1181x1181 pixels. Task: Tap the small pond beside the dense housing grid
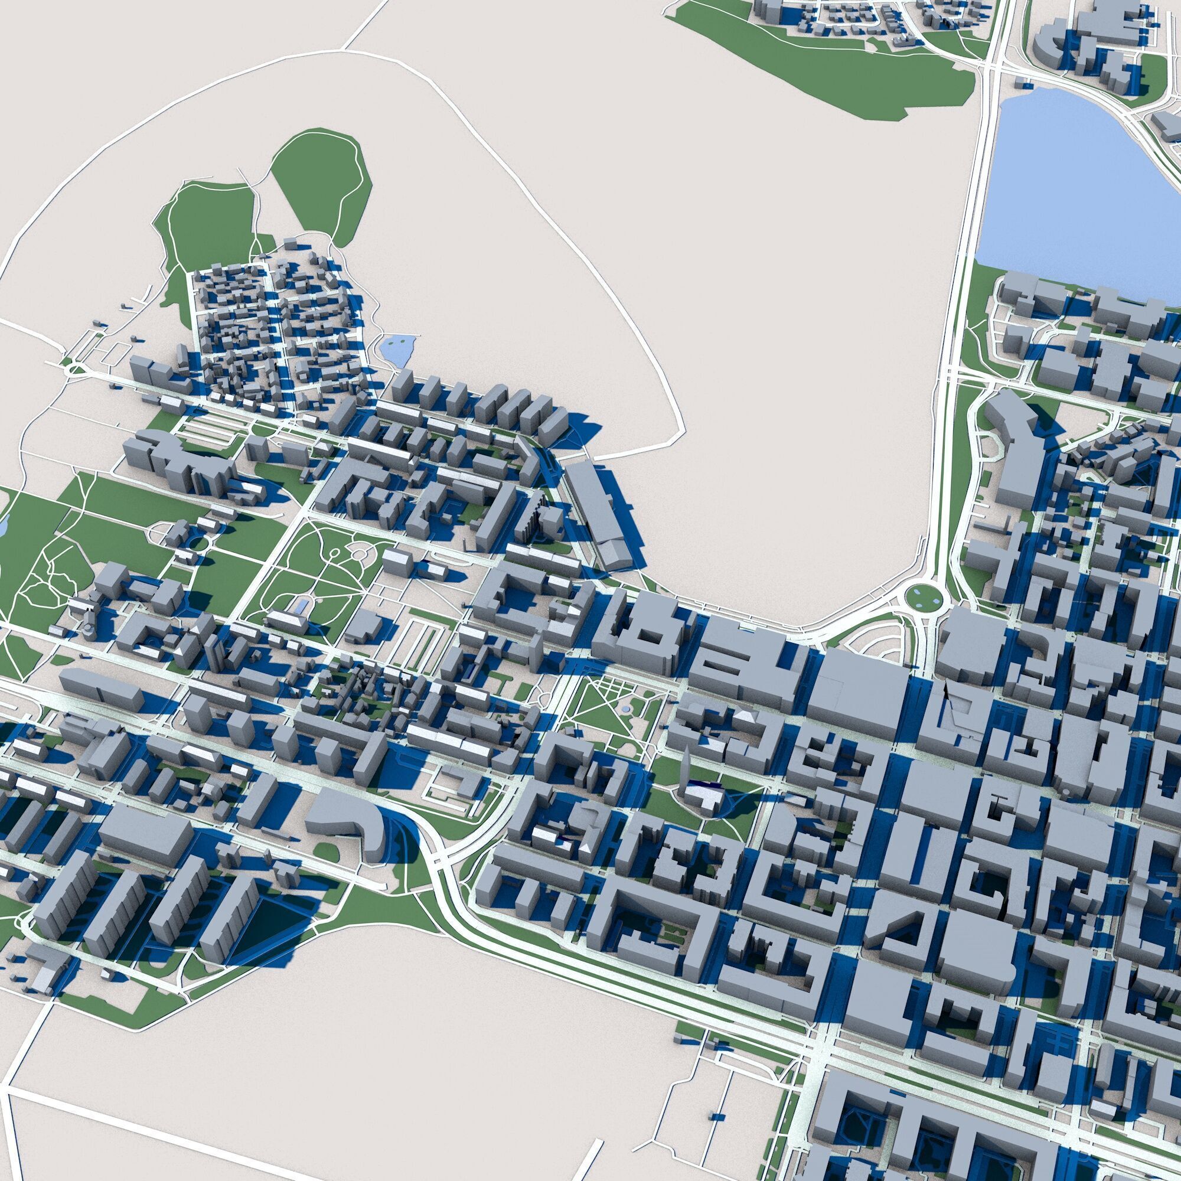396,348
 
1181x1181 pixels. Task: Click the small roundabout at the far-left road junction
74,368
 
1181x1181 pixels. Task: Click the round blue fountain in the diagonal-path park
625,708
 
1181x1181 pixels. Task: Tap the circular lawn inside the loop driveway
197,542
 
